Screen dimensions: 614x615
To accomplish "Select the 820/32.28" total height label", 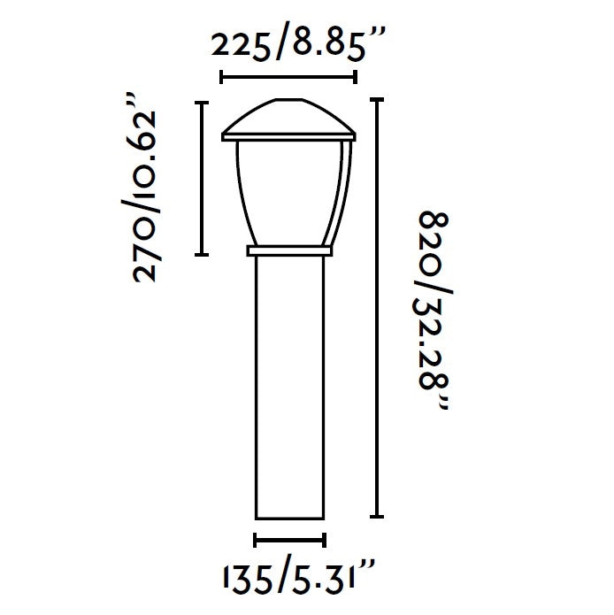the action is [x=434, y=311].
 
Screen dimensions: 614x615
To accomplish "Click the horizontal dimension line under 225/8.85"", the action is [x=289, y=77].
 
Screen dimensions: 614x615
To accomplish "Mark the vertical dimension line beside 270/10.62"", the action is [x=202, y=179].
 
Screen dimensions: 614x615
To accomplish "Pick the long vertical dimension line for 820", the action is [x=377, y=308].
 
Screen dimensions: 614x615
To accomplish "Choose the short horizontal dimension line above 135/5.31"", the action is [x=290, y=540].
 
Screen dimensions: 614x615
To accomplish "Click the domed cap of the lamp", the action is [x=289, y=116].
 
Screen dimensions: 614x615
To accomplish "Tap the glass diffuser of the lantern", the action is [x=289, y=193].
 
